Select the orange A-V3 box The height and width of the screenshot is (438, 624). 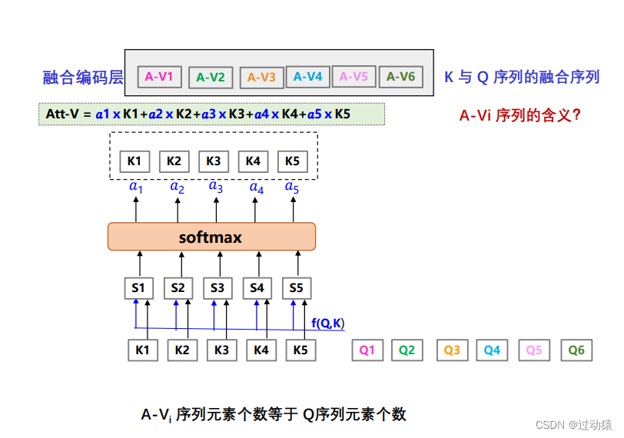tap(262, 77)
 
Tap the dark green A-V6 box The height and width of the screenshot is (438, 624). tap(400, 76)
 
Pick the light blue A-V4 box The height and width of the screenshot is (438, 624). tap(308, 76)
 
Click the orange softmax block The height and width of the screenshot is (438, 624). tap(211, 237)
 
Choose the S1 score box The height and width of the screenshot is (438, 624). tap(138, 288)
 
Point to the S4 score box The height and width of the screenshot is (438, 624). tap(257, 288)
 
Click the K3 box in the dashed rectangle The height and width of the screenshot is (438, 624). tap(214, 161)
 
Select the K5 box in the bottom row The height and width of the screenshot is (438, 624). tap(300, 350)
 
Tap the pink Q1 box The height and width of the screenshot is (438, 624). tap(367, 350)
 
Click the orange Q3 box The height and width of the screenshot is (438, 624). tap(452, 350)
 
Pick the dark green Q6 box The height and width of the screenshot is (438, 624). tap(576, 350)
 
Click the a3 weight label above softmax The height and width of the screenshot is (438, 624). tap(216, 186)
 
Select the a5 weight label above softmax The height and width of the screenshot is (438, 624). tap(292, 186)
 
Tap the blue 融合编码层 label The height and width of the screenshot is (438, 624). tap(83, 77)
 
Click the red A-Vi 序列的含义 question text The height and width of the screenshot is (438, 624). tap(520, 116)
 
